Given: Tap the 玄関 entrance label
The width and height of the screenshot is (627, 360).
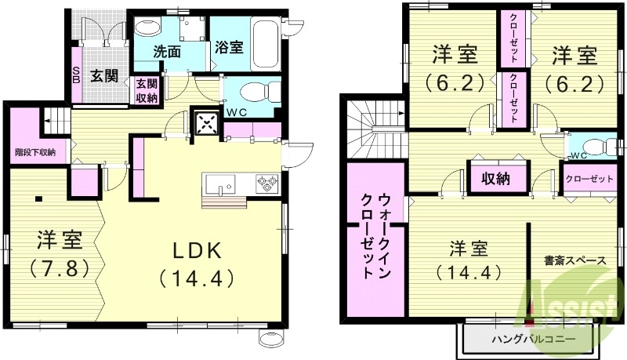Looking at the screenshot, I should pos(101,76).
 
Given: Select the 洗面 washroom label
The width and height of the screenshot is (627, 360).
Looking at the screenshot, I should pos(167,53).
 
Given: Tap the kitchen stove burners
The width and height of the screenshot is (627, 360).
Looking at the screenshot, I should pos(265,184).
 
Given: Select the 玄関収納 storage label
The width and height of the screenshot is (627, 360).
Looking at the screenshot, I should pos(147,91).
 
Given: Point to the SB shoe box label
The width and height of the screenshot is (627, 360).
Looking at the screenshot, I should pos(76,75).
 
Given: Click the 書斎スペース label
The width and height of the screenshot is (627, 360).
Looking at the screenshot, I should pos(573,259).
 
